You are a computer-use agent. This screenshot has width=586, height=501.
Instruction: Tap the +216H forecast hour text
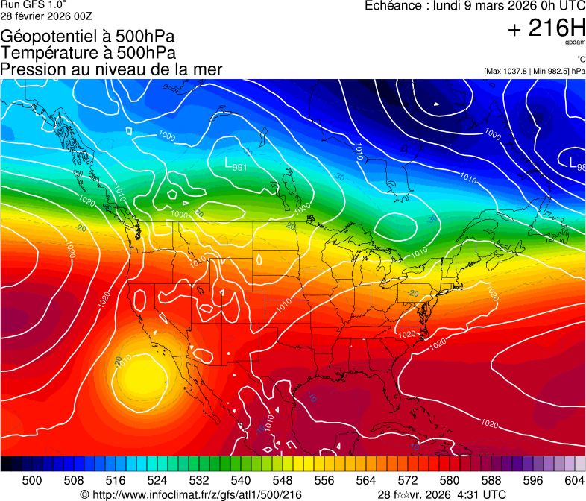click(546, 28)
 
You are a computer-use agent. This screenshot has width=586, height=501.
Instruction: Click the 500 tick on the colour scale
click(32, 479)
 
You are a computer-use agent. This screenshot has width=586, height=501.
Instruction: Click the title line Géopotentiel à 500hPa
click(88, 37)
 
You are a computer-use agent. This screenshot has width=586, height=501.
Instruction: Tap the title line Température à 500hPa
click(88, 53)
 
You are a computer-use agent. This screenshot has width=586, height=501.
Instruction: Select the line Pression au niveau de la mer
click(111, 69)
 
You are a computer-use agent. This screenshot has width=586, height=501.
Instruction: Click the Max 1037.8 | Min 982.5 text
click(534, 71)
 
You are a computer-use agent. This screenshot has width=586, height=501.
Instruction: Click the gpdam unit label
click(575, 44)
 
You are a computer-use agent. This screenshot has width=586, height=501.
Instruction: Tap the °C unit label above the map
click(579, 60)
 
